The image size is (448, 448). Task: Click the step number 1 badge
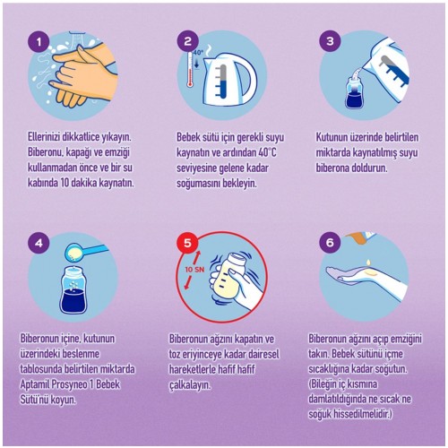39,42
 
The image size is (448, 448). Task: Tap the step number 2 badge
187,41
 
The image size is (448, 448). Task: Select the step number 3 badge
330,41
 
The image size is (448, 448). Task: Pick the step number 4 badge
39,244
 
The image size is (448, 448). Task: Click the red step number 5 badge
187,243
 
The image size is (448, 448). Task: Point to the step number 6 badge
330,243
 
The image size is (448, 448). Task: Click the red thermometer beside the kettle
189,69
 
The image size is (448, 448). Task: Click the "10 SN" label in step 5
194,270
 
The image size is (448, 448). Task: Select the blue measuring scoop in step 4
84,252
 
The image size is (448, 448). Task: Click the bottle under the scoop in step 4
73,289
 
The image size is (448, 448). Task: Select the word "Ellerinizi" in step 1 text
44,137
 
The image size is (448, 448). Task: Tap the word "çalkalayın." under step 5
190,384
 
